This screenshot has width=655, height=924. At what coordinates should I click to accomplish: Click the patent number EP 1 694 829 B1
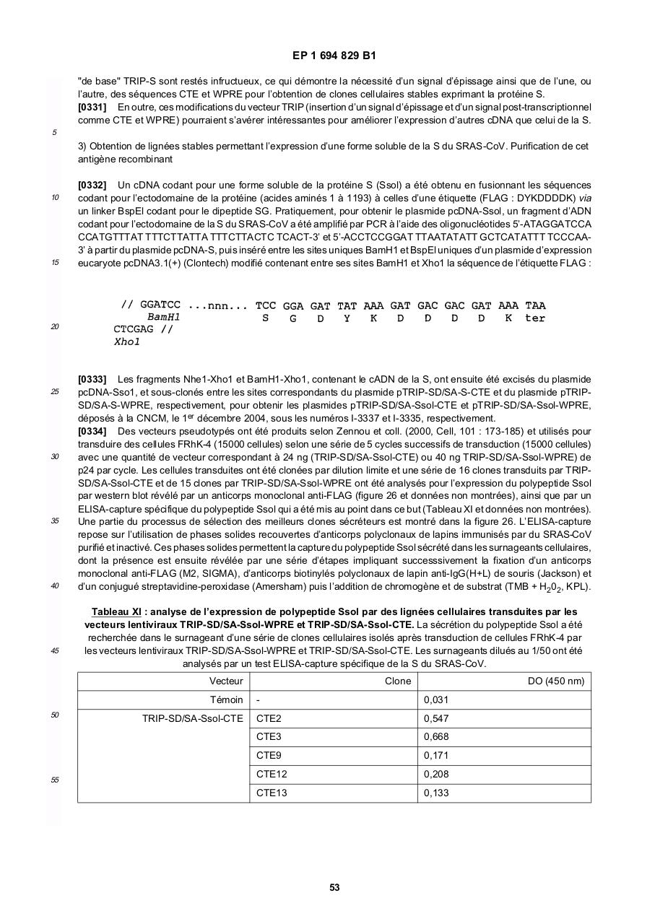pos(334,56)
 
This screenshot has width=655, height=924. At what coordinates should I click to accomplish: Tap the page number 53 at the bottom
pos(334,887)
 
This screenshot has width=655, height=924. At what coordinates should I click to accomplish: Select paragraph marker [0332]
pos(92,186)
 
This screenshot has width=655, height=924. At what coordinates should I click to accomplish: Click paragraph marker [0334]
pos(92,431)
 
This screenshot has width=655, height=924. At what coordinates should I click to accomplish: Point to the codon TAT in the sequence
pos(347,306)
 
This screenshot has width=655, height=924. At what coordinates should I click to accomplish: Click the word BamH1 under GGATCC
pos(164,318)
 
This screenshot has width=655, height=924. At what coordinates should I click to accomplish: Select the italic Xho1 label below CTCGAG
pos(127,342)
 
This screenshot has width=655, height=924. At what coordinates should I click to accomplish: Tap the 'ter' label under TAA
pos(535,318)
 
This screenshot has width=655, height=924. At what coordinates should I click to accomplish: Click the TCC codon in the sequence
pos(266,306)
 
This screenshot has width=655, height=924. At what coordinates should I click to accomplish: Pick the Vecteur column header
pos(227,681)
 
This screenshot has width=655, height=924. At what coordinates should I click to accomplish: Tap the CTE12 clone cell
pos(272,774)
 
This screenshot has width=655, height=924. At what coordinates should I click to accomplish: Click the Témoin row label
pos(227,699)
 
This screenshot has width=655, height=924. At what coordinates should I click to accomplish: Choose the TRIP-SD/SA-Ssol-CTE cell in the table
pos(193,718)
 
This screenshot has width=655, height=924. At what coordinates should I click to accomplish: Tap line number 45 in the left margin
pos(55,650)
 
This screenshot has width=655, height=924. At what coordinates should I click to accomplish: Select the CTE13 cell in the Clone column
pos(272,793)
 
